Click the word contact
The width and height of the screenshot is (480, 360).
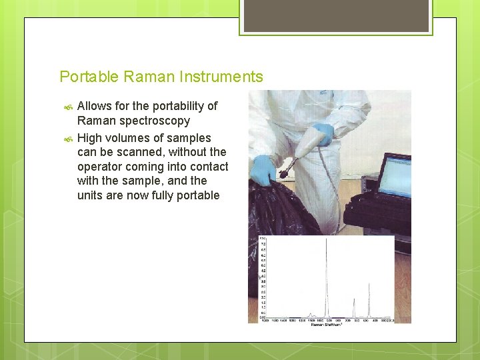click(209, 167)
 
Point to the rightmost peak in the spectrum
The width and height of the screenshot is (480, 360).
click(369, 293)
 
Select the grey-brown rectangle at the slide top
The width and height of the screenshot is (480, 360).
click(336, 16)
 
